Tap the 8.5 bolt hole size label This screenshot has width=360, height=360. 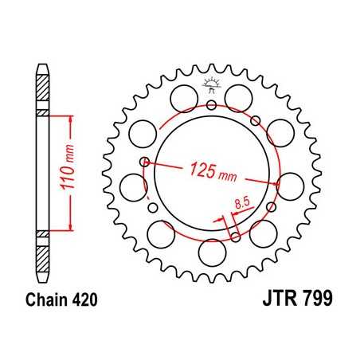[241, 206]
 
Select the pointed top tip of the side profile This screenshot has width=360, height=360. [43, 64]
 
